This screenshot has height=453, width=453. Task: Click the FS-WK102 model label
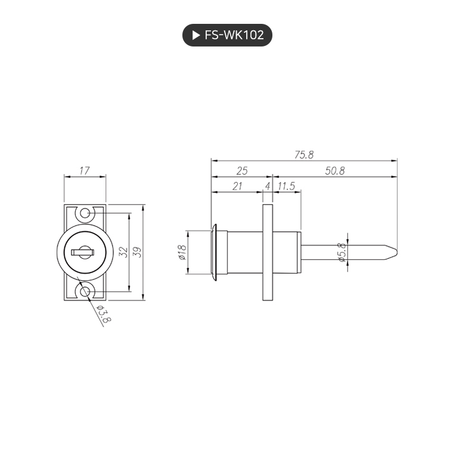tap(234, 35)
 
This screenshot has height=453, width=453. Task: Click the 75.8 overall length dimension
tap(303, 155)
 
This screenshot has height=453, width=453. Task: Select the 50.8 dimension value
tap(335, 171)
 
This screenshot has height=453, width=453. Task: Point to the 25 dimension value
tap(241, 171)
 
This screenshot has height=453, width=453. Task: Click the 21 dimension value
tap(237, 186)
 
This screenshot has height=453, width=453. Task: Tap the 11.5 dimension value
tap(287, 186)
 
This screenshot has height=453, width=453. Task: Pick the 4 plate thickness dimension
tap(268, 186)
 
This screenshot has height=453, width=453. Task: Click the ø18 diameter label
tap(182, 253)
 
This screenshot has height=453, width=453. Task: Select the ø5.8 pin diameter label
tap(342, 253)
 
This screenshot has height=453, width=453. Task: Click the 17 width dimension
tap(84, 171)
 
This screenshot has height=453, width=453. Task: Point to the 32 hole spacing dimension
tap(123, 252)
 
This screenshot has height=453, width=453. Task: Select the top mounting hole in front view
tap(85, 213)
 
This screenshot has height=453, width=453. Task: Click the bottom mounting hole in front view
tap(85, 291)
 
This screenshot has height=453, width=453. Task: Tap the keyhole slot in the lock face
tap(82, 252)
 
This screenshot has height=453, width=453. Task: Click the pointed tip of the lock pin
tap(393, 252)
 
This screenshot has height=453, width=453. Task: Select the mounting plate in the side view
tap(268, 252)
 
